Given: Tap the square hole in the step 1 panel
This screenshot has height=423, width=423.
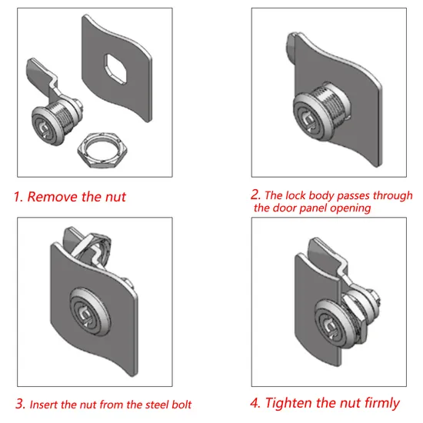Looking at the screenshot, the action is (x=115, y=68).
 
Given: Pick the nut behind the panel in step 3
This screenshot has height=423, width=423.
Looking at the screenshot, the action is (x=100, y=243).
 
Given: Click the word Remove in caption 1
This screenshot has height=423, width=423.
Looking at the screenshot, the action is (x=51, y=197).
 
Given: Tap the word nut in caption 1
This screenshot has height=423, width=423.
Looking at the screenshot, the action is (x=115, y=197).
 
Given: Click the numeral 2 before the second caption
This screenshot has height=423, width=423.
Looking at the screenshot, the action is (x=255, y=195).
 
